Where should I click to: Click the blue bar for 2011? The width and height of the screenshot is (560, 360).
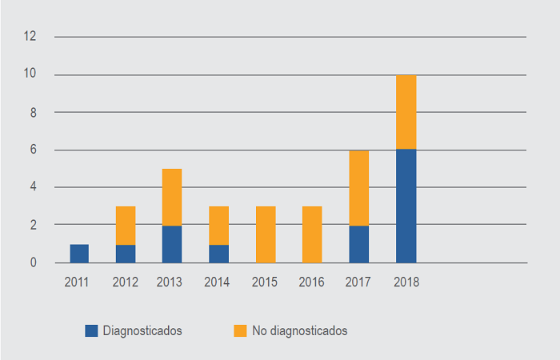coord(79,254)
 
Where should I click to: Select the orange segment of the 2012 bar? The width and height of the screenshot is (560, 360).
coord(126,226)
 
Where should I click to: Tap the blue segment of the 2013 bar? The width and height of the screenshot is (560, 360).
coord(172,244)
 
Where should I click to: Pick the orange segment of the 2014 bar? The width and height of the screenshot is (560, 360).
coord(218,226)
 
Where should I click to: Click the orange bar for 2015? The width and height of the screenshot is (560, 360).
coord(265,234)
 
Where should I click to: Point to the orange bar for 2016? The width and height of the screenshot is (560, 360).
coord(312,234)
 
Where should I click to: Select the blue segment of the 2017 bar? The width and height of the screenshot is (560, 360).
coord(358,244)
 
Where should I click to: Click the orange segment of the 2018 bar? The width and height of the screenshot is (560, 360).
coord(406,112)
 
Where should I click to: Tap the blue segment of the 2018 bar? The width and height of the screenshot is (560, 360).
coord(406,206)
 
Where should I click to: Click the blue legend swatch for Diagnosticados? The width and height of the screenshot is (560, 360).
coord(91,330)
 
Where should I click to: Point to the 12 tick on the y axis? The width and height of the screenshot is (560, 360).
coord(31,37)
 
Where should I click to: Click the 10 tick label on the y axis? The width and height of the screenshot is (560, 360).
coord(31,74)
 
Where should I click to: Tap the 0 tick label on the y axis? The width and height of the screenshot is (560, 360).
coord(34,262)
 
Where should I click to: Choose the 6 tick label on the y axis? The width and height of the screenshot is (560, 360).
coord(34,150)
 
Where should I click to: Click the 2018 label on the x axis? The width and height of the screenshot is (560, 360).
coord(406,282)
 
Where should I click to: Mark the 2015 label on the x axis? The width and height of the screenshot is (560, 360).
coord(265,282)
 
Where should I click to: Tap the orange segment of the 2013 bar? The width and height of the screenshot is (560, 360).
coord(172,197)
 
